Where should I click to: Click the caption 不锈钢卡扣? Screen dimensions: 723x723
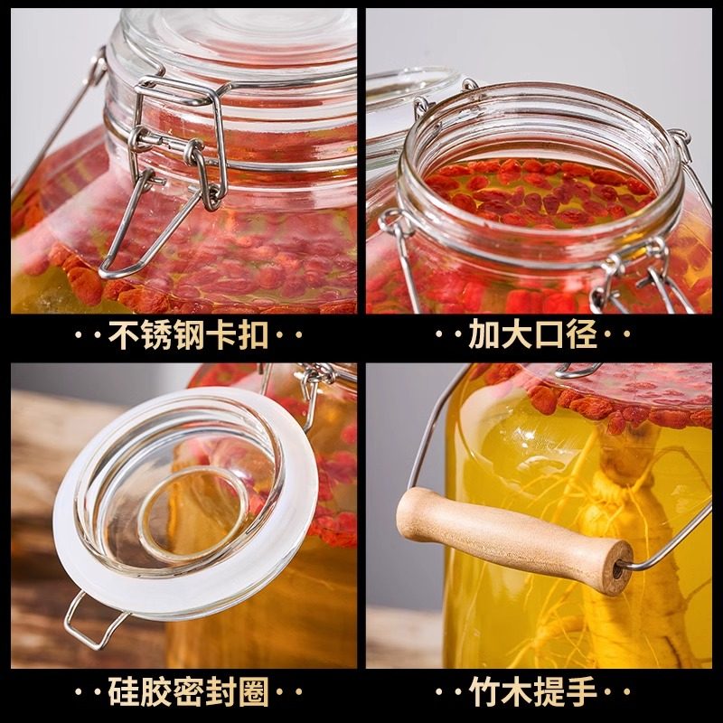tap(188, 336)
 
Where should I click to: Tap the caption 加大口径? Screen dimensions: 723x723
tap(533, 336)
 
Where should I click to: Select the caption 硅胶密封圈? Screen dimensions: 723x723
tap(188, 693)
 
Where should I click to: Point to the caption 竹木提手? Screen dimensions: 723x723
tap(533, 693)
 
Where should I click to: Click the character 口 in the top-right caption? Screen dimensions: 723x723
tap(549, 336)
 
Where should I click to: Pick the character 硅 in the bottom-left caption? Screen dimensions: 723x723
tap(124, 693)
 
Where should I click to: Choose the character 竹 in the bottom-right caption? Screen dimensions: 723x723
tap(485, 693)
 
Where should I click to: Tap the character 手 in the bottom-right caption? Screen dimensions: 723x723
tap(582, 693)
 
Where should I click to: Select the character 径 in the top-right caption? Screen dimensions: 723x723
tap(582, 336)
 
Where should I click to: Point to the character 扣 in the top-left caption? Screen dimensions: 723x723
tap(253, 336)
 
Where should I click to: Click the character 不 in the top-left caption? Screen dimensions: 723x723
tap(124, 336)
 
